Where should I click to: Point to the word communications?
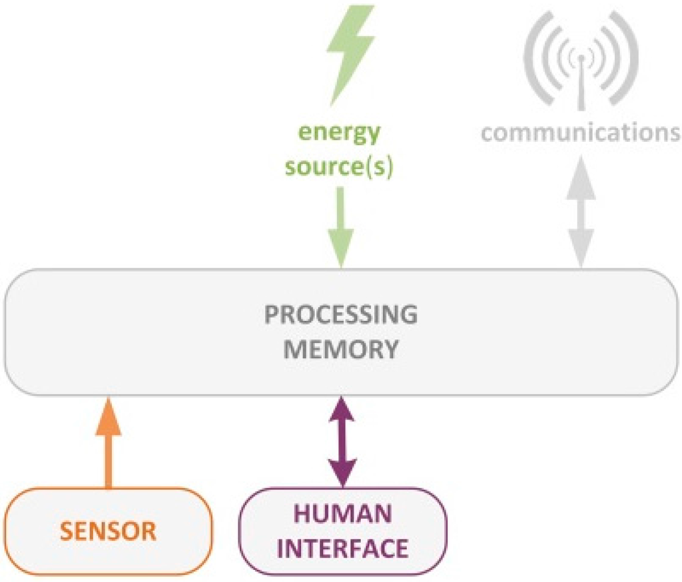pyautogui.click(x=580, y=132)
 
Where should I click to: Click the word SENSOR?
pyautogui.click(x=108, y=531)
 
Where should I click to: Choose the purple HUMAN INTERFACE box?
pyautogui.click(x=342, y=531)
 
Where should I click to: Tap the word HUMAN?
pyautogui.click(x=342, y=515)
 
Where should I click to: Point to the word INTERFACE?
pyautogui.click(x=342, y=548)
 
